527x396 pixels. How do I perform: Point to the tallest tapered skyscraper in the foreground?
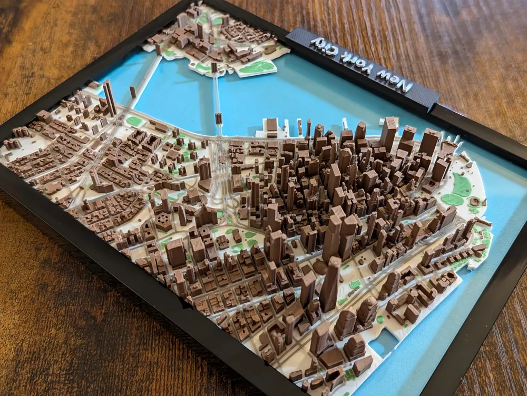pos(330,284)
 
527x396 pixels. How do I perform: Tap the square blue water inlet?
pos(384,342)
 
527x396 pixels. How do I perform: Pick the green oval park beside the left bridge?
pos(134,121)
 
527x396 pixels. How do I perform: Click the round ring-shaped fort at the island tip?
pos(476,202)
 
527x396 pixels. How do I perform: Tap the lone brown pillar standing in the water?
pos(133,92)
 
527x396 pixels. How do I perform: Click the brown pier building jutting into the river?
pos(271,127)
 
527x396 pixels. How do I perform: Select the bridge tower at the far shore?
pos(214,67)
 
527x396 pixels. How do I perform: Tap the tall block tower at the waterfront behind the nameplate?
pos(388,134)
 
